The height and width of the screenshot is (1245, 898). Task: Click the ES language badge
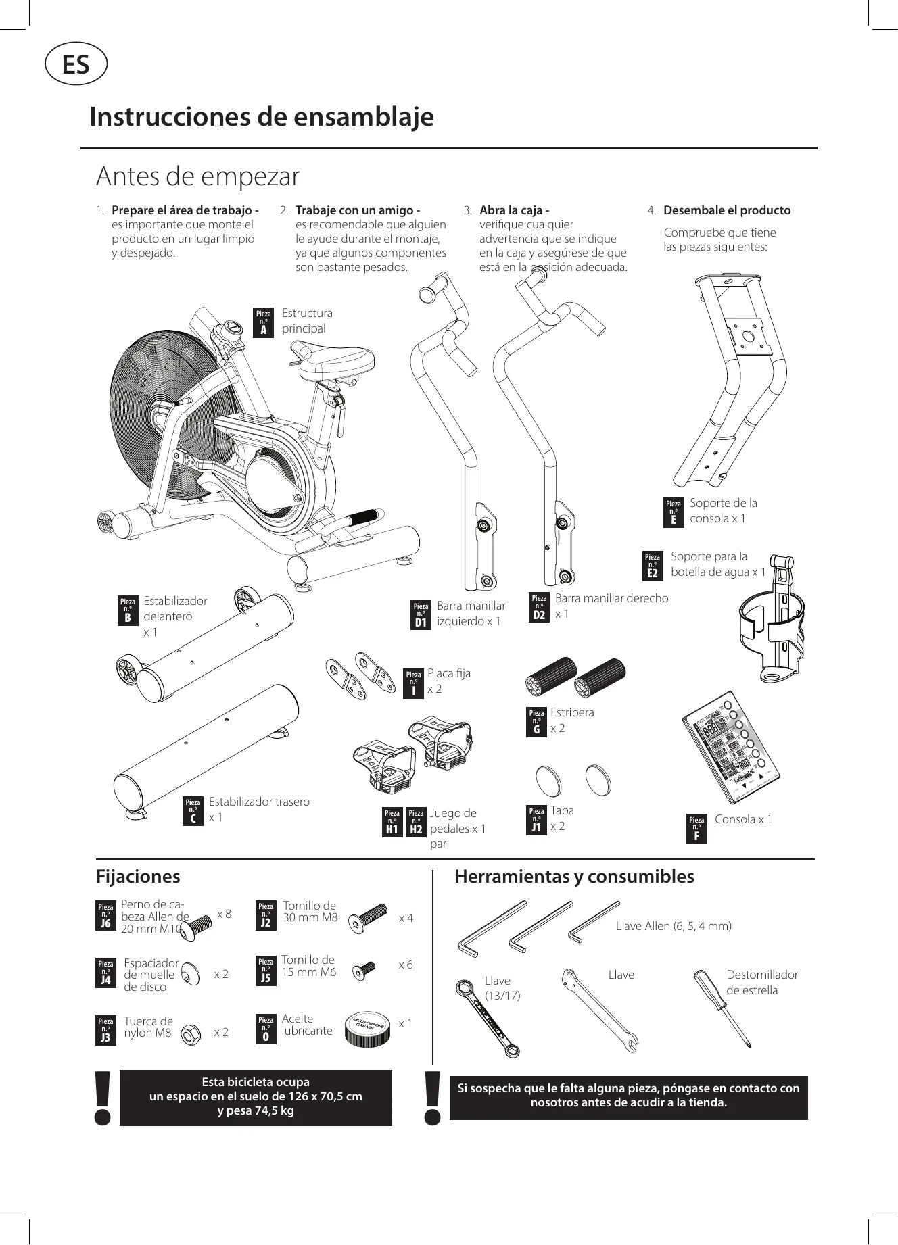pos(76,65)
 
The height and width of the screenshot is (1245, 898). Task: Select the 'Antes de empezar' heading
pos(197,176)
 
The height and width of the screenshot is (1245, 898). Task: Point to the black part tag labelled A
pos(263,322)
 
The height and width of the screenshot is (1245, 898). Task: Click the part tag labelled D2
pos(539,607)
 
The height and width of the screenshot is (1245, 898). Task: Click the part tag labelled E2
pos(653,566)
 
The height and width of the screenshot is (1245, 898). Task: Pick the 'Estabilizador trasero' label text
pos(259,802)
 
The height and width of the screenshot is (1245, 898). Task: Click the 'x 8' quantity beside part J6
pos(224,914)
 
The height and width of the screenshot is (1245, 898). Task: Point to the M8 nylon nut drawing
pos(192,1034)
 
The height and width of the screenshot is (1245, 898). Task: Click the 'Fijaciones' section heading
pos(138,877)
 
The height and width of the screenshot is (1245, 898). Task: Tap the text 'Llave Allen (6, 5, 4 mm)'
pos(673,926)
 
